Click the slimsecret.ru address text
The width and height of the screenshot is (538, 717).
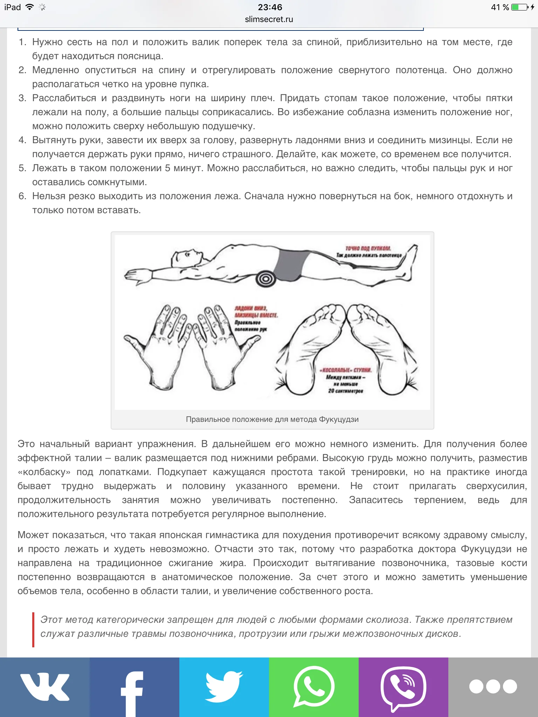[269, 20]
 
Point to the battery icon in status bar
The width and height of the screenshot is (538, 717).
[520, 7]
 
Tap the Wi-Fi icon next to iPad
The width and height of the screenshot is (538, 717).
[30, 7]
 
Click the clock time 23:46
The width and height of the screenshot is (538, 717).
[270, 7]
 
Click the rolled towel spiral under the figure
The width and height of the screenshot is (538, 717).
[265, 279]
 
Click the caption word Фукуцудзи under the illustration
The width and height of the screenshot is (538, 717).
[339, 419]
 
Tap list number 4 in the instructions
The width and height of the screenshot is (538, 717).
[22, 140]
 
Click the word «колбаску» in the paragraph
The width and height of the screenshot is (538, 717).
[44, 472]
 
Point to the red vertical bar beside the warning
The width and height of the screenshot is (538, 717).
[33, 629]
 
